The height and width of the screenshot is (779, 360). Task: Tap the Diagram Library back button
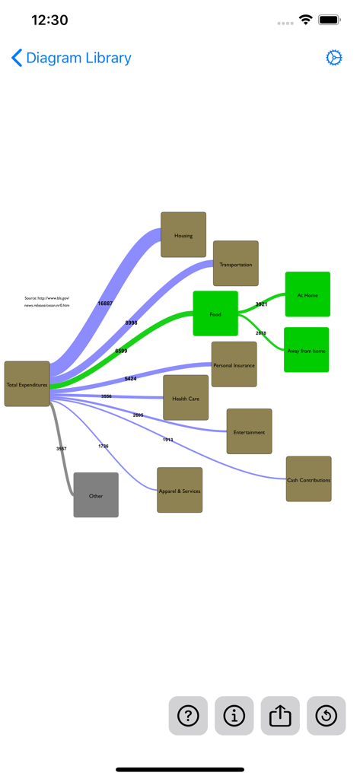71,58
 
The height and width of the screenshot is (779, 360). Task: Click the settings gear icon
333,58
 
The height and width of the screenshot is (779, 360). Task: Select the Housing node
183,235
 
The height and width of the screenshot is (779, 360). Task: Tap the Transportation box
236,264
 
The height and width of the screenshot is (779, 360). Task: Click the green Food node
215,313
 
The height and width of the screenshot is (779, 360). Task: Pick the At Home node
307,294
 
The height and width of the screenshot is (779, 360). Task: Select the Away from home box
307,350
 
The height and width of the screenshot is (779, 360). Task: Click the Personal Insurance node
234,364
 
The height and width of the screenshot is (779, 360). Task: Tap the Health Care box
186,398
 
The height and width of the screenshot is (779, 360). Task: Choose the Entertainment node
249,431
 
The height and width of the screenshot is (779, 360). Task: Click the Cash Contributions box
309,479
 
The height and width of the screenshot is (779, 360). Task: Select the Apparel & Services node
180,490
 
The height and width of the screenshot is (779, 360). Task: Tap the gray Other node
96,495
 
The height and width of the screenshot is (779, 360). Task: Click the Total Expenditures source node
27,384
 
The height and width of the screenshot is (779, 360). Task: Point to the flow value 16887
105,303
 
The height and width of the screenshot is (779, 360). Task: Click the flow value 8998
132,323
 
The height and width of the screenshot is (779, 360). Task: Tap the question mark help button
188,716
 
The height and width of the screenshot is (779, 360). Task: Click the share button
280,716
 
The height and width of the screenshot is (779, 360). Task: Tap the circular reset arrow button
327,716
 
